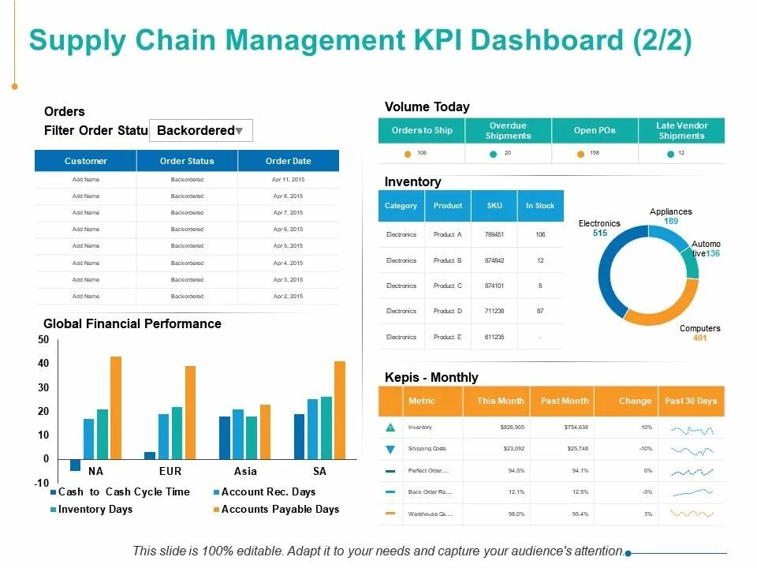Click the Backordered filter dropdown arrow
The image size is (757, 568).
[x=240, y=131]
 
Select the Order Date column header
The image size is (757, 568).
[x=288, y=161]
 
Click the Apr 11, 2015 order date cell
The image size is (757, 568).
[x=288, y=180]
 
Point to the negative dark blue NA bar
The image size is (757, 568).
[x=76, y=465]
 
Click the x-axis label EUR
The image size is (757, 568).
[x=170, y=471]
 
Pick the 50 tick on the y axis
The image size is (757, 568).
[x=43, y=340]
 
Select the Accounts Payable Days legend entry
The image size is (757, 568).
[x=280, y=509]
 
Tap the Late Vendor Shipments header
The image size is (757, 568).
[x=681, y=130]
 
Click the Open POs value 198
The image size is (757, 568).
[x=595, y=153]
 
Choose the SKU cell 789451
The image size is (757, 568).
[x=494, y=234]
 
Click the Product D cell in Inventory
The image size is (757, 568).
[x=447, y=311]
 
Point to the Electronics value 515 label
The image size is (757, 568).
[x=600, y=234]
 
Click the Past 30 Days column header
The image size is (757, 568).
[x=691, y=401]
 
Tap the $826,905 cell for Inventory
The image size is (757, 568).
[x=501, y=427]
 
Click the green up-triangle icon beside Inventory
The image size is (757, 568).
[x=391, y=427]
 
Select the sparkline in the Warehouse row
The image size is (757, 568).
[x=692, y=514]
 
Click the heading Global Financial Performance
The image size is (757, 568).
[x=132, y=323]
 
